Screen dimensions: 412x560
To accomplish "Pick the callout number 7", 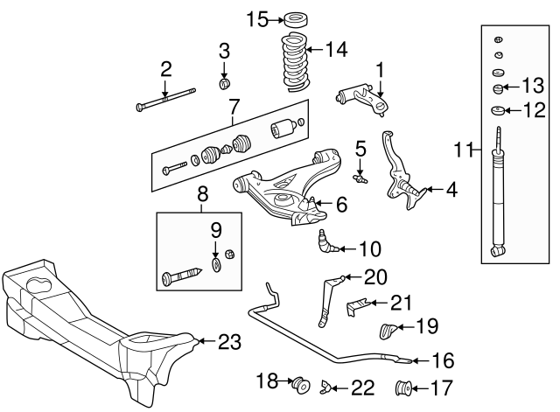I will pyautogui.click(x=234, y=109).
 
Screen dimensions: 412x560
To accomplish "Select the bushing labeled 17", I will pyautogui.click(x=405, y=386).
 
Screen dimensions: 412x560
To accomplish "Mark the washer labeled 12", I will pyautogui.click(x=496, y=110).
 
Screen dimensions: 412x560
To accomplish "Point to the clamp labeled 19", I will pyautogui.click(x=388, y=331).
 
